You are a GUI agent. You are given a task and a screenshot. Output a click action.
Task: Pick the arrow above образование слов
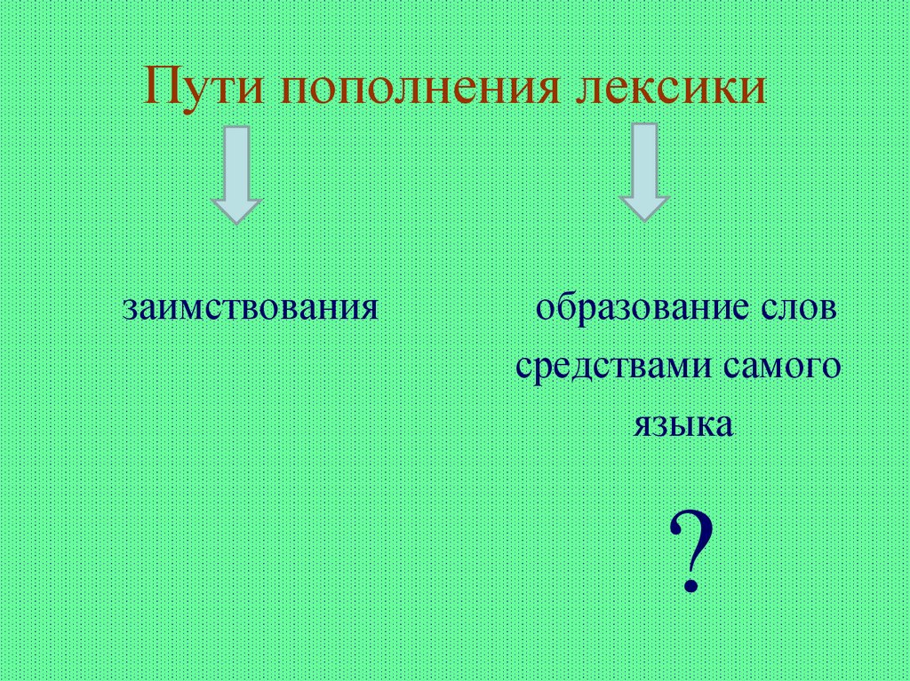click(643, 172)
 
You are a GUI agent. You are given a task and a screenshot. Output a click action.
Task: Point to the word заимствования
click(251, 308)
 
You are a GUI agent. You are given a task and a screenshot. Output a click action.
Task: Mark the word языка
click(683, 423)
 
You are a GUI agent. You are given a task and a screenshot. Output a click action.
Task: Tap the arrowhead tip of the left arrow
click(236, 220)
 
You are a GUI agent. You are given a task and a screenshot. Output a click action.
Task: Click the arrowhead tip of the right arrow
click(643, 218)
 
